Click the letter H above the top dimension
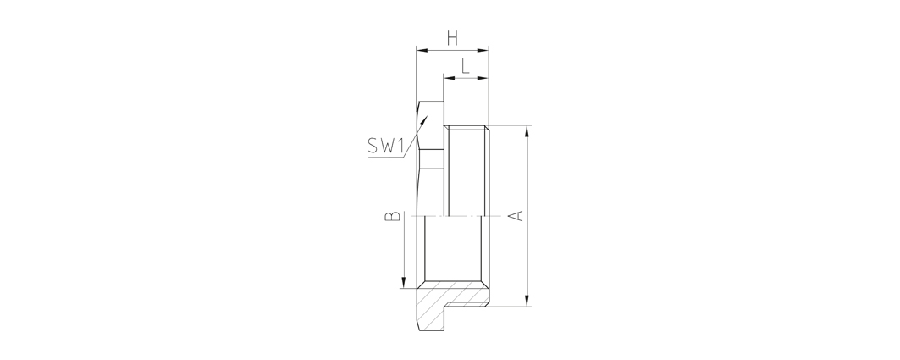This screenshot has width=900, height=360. tap(453, 39)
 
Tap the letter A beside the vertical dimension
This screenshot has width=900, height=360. tap(516, 216)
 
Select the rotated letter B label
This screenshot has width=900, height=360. tap(393, 216)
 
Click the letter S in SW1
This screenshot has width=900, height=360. tap(373, 147)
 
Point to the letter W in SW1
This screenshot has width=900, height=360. tap(388, 147)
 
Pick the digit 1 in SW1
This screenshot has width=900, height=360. tap(400, 147)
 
